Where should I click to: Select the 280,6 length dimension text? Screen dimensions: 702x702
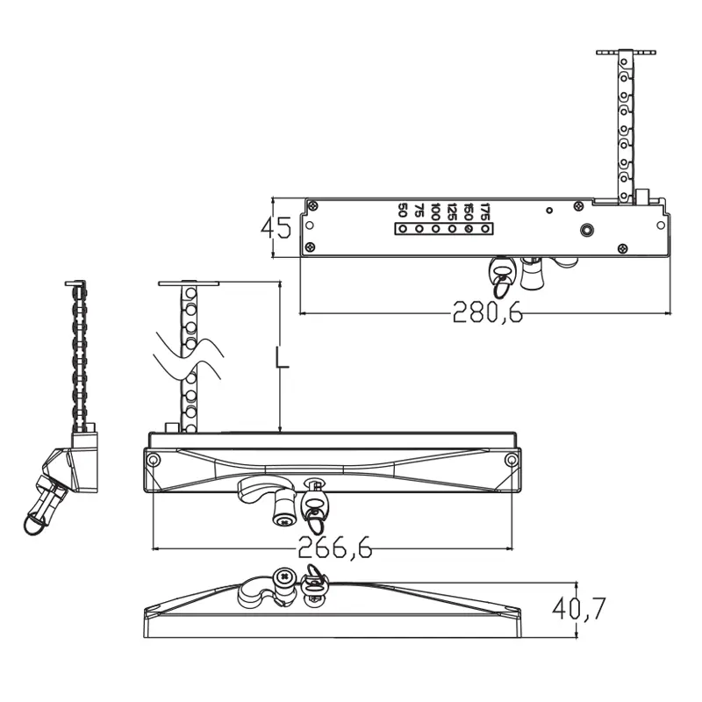coord(487,312)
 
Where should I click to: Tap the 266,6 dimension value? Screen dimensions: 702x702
coord(334,547)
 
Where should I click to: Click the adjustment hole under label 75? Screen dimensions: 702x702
coord(419,230)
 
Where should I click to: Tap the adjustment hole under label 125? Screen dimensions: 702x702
coord(452,230)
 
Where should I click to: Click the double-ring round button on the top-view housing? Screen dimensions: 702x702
coord(585,231)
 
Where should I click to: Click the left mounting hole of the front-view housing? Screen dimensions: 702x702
coord(154,461)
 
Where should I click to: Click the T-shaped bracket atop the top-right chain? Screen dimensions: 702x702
coord(625,53)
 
